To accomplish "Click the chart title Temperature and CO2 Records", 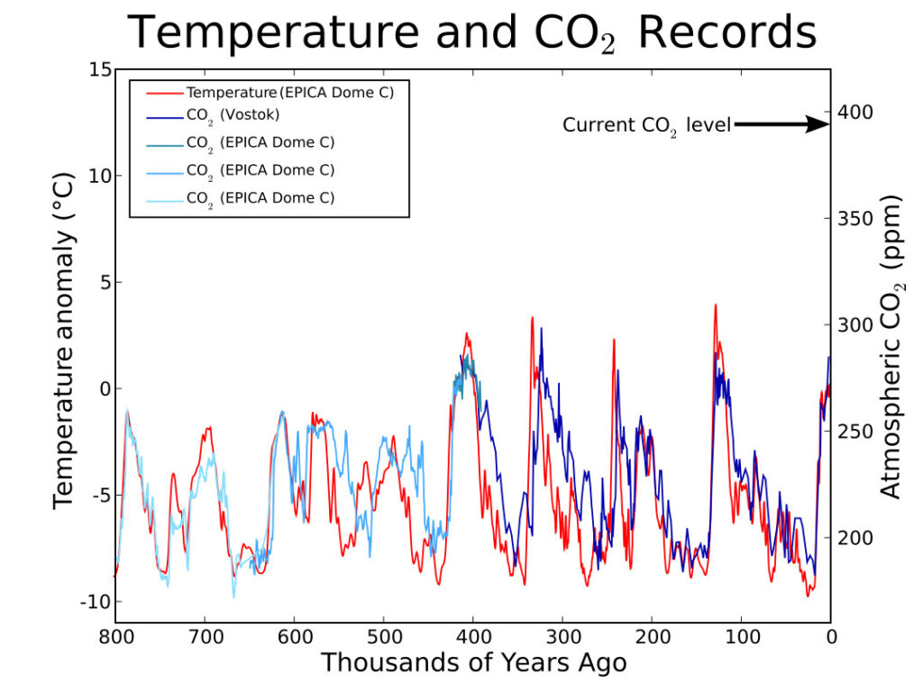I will (472, 33).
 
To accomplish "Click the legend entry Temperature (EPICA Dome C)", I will (289, 92).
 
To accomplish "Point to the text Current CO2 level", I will (645, 125).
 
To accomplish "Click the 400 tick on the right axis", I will (855, 113).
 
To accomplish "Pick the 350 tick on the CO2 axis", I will (855, 219).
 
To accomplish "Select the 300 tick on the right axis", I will (855, 325).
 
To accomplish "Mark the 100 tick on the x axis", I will (741, 637).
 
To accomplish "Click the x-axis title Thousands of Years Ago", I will (473, 663).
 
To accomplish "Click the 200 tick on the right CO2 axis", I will (855, 538).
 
